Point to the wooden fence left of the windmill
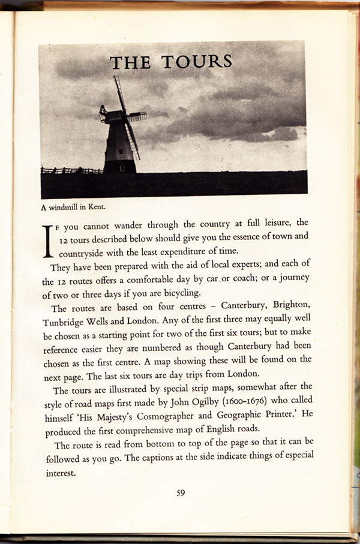click(71, 171)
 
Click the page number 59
click(181, 493)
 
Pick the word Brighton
click(290, 309)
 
